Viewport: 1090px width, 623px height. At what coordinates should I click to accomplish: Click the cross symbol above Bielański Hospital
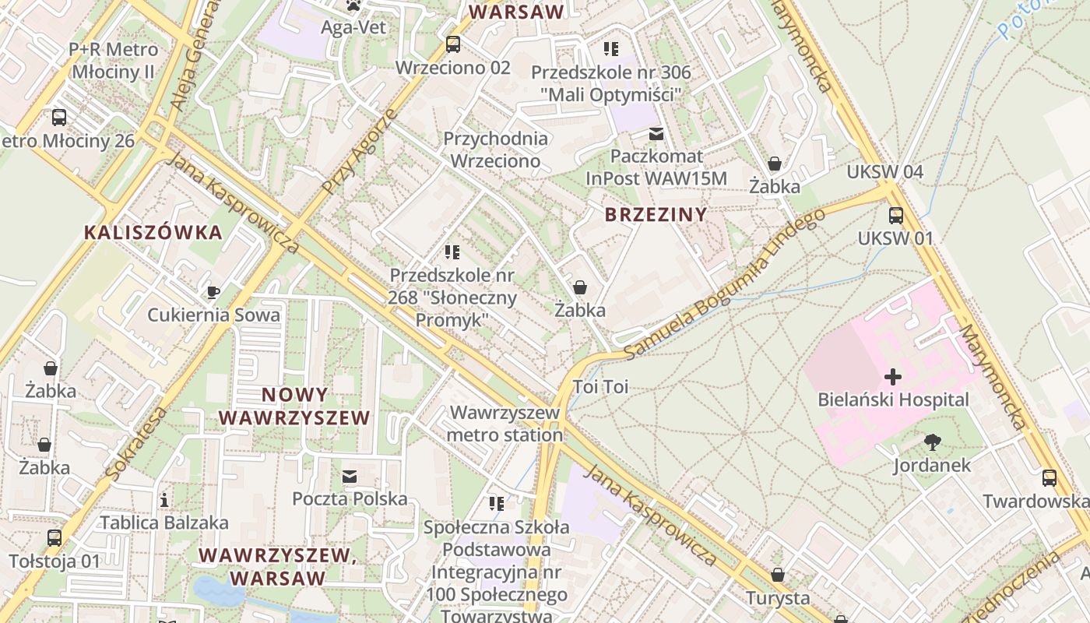point(893,378)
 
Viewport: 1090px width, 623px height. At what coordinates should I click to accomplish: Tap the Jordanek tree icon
point(932,443)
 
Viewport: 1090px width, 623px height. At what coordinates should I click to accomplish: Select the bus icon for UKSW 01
point(896,216)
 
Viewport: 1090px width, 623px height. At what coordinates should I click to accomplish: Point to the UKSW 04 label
point(885,172)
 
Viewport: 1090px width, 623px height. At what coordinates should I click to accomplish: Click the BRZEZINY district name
point(656,215)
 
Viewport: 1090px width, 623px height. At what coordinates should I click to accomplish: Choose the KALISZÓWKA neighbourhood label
point(153,232)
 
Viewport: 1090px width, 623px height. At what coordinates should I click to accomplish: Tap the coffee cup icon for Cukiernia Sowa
point(213,293)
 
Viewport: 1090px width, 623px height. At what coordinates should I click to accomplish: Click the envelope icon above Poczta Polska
point(350,476)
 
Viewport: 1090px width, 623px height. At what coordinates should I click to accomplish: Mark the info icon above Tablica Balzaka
point(164,500)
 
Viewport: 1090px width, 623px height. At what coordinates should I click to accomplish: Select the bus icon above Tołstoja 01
point(54,538)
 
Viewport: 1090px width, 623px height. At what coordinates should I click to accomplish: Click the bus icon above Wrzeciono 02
point(452,44)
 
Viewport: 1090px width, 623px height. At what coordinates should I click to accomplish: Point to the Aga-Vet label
point(353,27)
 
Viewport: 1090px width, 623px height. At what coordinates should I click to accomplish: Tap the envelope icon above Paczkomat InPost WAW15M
point(657,134)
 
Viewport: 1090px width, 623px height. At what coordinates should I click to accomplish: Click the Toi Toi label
point(600,387)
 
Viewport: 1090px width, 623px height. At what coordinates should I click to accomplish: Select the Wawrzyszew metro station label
point(505,424)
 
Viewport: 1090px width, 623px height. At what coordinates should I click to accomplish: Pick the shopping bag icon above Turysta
point(778,575)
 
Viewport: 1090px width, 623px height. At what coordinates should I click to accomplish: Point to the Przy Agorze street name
point(359,151)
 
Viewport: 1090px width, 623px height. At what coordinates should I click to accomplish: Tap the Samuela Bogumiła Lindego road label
point(724,284)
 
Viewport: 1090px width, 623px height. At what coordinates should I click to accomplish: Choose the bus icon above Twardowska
point(1050,478)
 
